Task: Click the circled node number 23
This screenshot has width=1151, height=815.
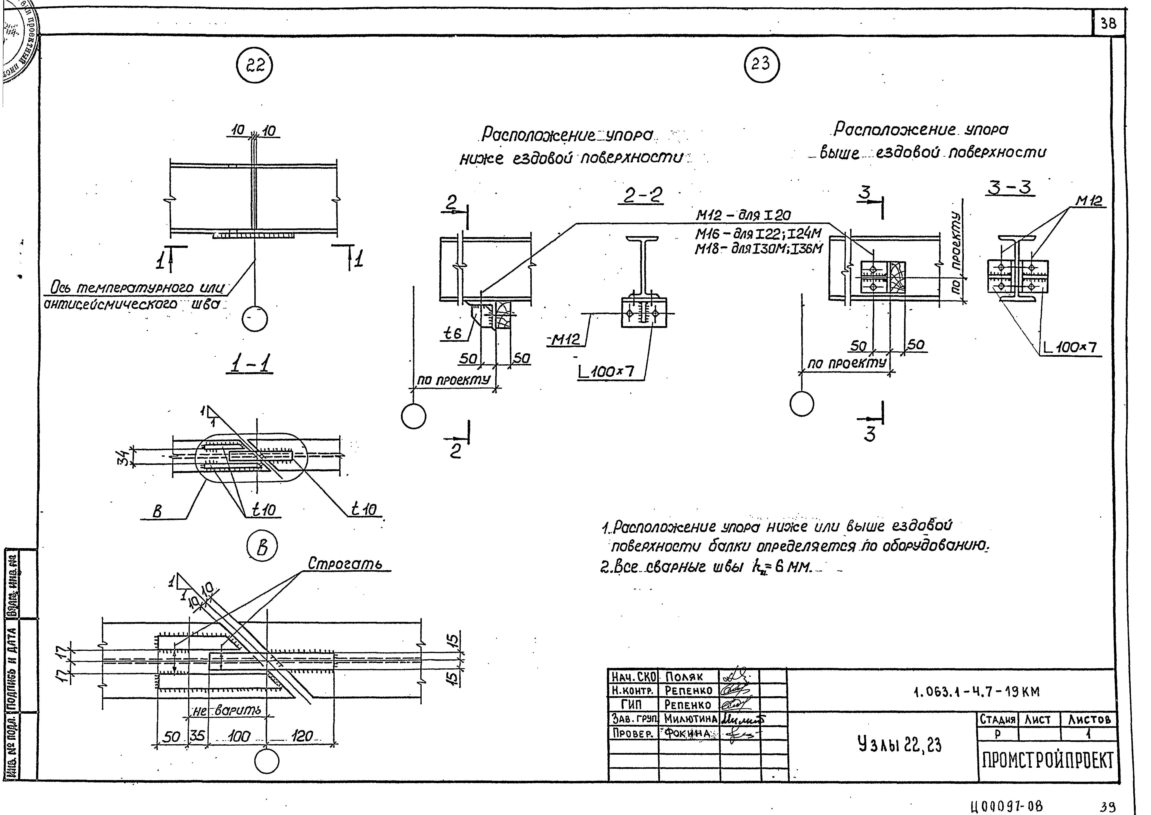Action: (761, 64)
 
